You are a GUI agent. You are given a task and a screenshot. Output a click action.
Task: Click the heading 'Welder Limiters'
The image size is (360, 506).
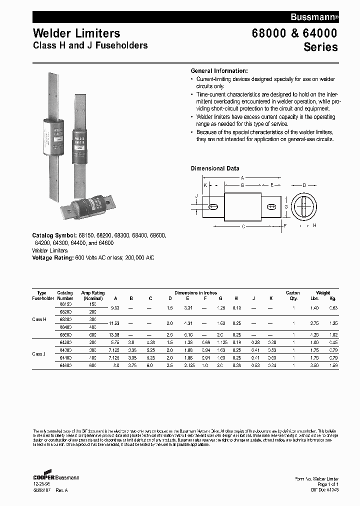76,33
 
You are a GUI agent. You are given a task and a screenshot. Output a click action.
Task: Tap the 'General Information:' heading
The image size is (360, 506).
219,71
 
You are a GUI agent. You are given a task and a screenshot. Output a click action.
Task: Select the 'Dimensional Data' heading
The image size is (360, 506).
215,168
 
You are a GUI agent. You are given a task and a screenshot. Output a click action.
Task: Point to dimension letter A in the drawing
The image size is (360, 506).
242,178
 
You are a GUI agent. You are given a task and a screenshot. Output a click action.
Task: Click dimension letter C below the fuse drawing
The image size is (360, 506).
243,226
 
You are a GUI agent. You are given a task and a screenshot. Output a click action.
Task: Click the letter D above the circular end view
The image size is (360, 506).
304,185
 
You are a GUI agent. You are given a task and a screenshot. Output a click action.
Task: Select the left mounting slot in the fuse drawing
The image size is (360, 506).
213,206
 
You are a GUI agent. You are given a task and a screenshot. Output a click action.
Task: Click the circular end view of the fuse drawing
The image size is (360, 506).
304,206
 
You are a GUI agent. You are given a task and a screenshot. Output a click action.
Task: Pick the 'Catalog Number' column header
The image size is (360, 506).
65,295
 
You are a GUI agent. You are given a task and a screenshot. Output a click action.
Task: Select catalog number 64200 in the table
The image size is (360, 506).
65,342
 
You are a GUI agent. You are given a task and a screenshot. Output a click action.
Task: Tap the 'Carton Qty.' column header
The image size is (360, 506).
292,295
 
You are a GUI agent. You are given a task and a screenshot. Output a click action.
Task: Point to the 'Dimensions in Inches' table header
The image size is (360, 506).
195,292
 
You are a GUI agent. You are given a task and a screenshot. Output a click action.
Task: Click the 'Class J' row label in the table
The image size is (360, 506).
39,354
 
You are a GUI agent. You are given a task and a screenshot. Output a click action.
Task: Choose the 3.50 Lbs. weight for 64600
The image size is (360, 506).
314,366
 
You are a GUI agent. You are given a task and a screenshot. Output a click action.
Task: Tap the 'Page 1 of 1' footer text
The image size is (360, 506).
328,484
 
